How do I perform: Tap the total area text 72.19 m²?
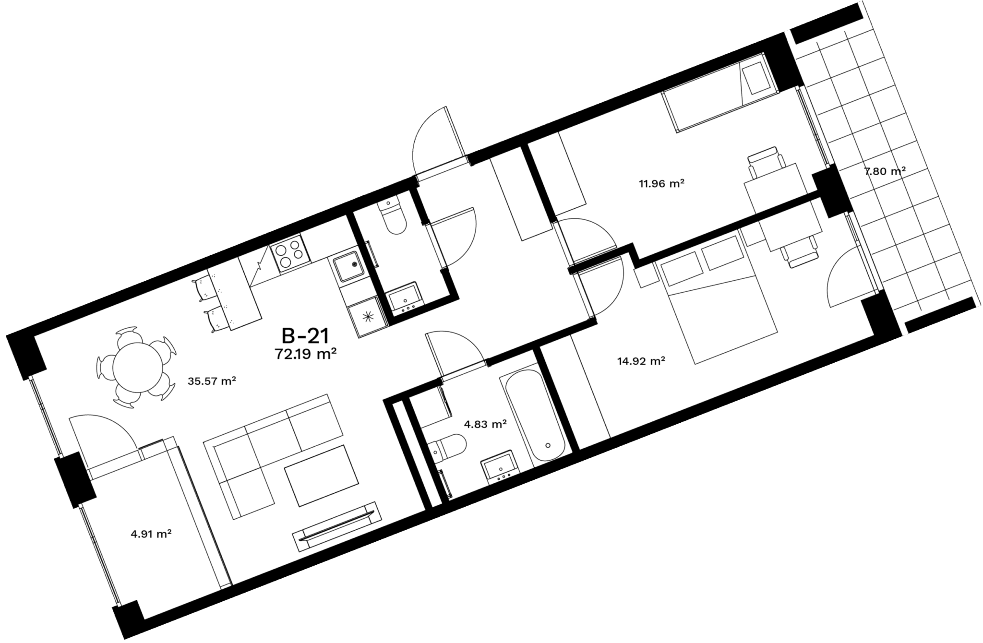(x=305, y=355)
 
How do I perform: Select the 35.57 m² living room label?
(x=212, y=381)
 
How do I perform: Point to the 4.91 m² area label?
(x=152, y=534)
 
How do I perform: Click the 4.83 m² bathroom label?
(x=485, y=424)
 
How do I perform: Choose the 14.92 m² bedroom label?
(x=641, y=361)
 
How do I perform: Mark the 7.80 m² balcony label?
(x=885, y=171)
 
